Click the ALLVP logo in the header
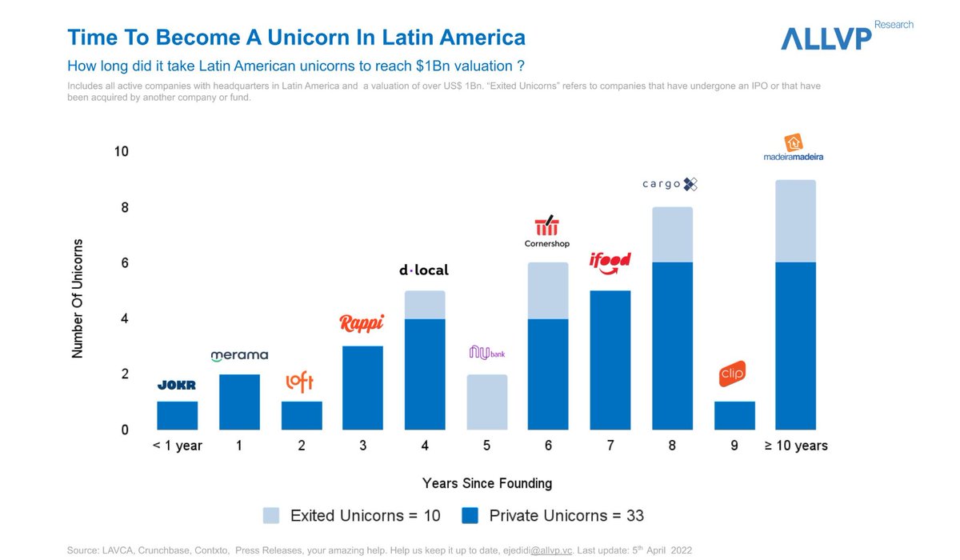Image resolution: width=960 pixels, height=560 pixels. [x=826, y=37]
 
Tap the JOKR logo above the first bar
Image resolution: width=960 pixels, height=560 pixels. [x=176, y=386]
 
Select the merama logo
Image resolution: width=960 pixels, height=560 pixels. [x=239, y=355]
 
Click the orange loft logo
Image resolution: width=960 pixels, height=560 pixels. [x=300, y=382]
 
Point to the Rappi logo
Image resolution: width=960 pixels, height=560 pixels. [x=362, y=323]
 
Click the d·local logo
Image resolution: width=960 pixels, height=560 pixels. [x=423, y=270]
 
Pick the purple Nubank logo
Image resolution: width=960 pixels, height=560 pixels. [x=486, y=352]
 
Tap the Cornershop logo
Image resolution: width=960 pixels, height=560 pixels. [x=548, y=232]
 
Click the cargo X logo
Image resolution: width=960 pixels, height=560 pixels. [x=670, y=184]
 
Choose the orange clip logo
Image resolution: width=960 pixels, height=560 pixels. [x=732, y=374]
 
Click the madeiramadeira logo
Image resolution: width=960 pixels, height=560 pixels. [x=794, y=148]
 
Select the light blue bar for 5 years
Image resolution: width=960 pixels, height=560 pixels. [x=486, y=402]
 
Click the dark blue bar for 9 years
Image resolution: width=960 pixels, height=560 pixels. [x=734, y=415]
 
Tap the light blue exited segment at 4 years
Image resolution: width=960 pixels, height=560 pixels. [x=424, y=305]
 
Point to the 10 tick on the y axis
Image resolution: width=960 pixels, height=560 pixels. [x=120, y=152]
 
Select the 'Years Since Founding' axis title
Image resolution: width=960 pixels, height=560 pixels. [x=486, y=483]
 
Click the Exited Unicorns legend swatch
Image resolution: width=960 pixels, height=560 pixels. [x=271, y=516]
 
